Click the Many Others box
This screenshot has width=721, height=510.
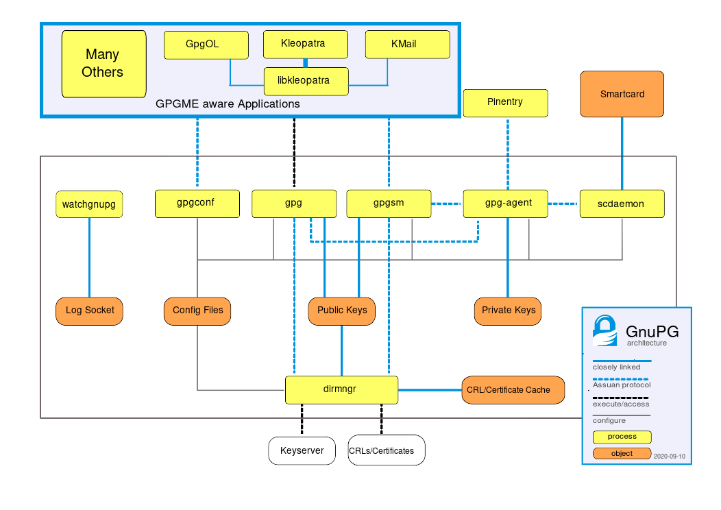(103, 63)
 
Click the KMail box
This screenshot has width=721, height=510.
(407, 45)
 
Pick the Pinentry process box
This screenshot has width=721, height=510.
(505, 103)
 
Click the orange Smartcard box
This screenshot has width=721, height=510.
(622, 94)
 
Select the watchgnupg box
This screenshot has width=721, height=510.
(89, 204)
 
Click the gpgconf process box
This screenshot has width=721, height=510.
(197, 204)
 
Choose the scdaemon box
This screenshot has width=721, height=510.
(622, 204)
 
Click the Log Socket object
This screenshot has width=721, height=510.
(89, 311)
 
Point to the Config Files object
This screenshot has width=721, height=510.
(197, 311)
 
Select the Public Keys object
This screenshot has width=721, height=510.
(342, 311)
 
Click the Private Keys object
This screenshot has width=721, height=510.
(507, 311)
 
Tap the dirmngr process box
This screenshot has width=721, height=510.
(341, 389)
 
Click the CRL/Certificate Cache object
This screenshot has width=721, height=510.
(514, 389)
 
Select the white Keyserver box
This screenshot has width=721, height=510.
(302, 451)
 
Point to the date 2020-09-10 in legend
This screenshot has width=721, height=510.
(669, 456)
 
